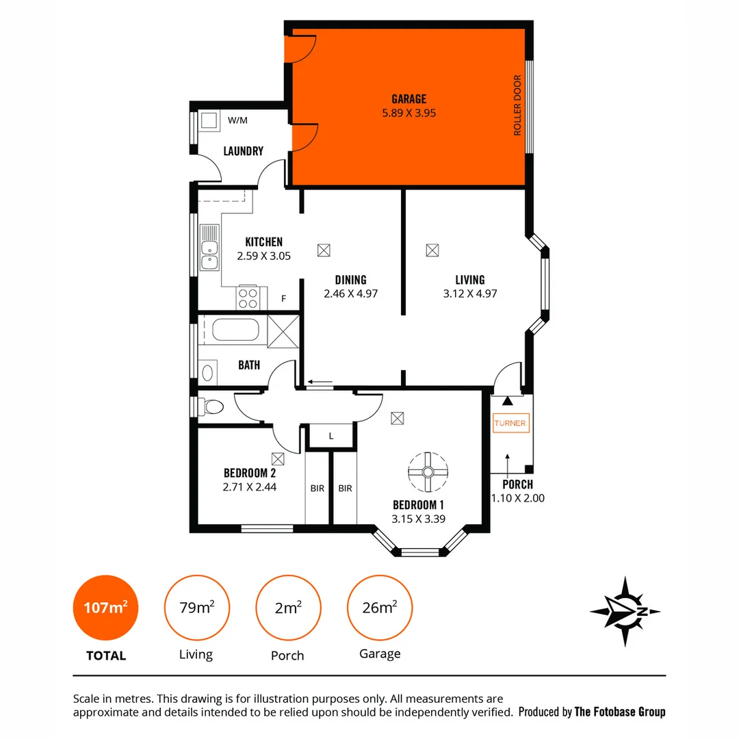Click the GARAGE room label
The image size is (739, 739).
[409, 99]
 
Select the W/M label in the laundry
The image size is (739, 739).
[237, 120]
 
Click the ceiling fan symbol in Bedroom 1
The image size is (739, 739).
[428, 471]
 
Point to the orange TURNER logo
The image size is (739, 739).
[510, 423]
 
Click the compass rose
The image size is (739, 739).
[625, 611]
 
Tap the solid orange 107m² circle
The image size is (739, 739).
[105, 608]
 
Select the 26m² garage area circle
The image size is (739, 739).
[380, 608]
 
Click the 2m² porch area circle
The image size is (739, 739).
[288, 608]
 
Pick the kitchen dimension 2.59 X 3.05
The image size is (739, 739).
[263, 256]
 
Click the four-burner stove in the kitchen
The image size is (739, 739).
[248, 298]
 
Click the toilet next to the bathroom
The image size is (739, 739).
[211, 407]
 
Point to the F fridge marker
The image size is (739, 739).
[284, 299]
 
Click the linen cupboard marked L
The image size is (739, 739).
[331, 436]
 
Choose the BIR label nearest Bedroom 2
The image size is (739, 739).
[317, 488]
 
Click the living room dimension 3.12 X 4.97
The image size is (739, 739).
[469, 294]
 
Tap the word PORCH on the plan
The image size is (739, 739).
[517, 484]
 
